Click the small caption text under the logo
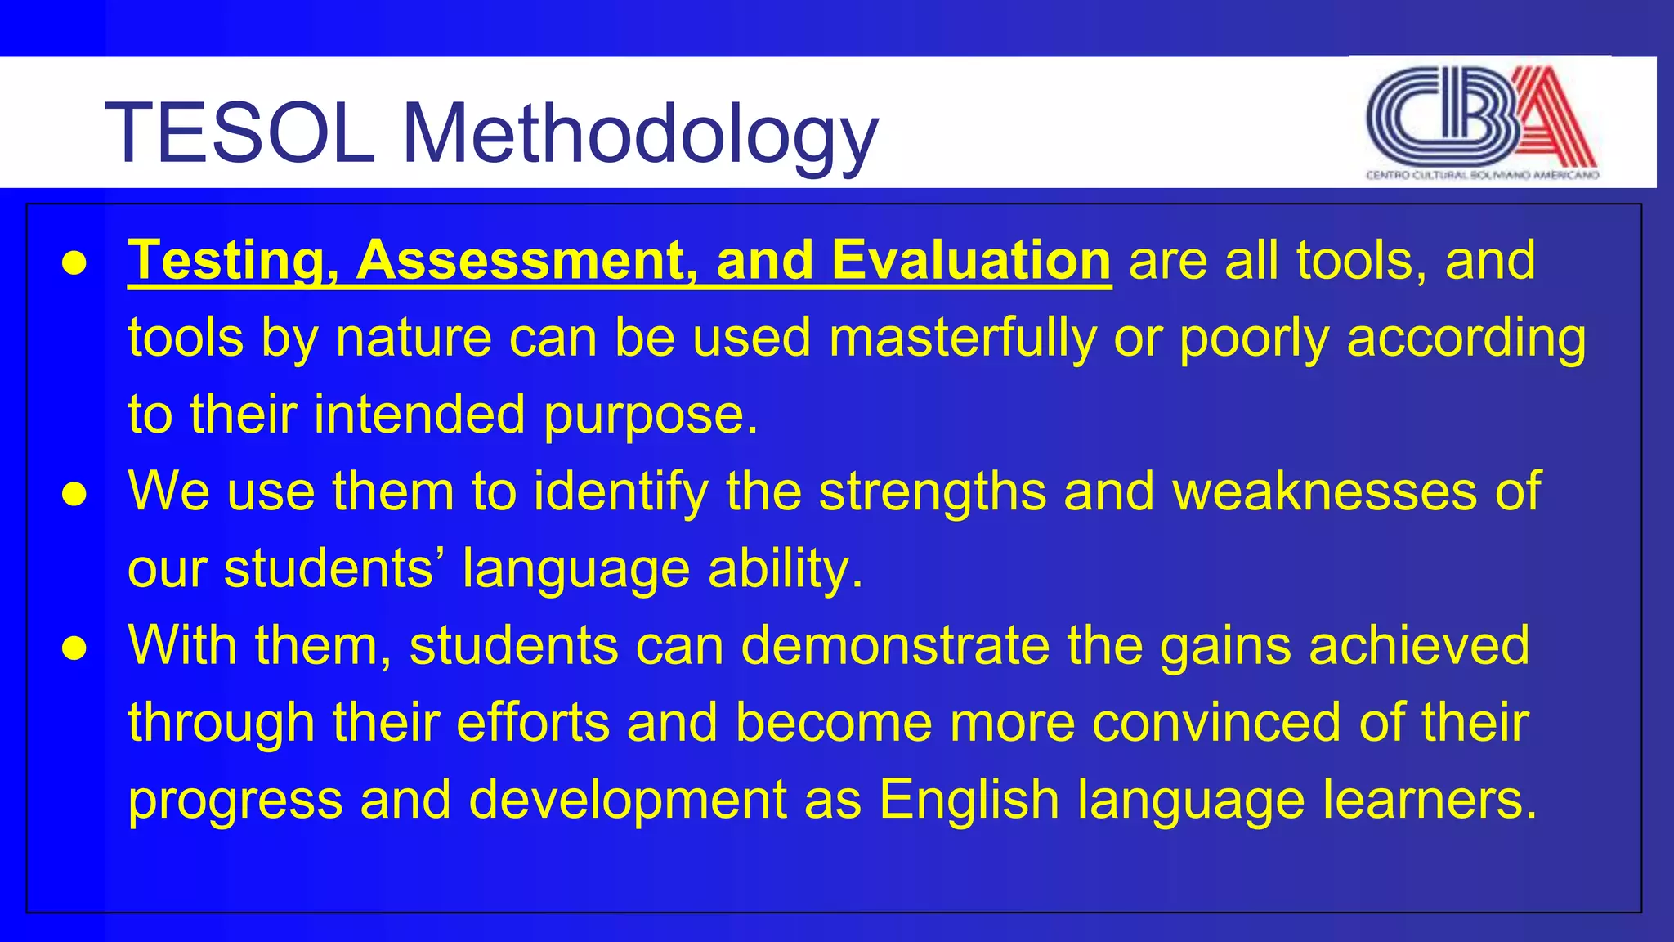click(1482, 175)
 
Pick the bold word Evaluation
click(970, 261)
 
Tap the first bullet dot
click(74, 263)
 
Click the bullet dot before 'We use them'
click(74, 494)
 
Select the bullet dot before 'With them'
click(74, 648)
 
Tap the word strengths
click(932, 491)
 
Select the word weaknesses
click(1325, 491)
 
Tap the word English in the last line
click(969, 799)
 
